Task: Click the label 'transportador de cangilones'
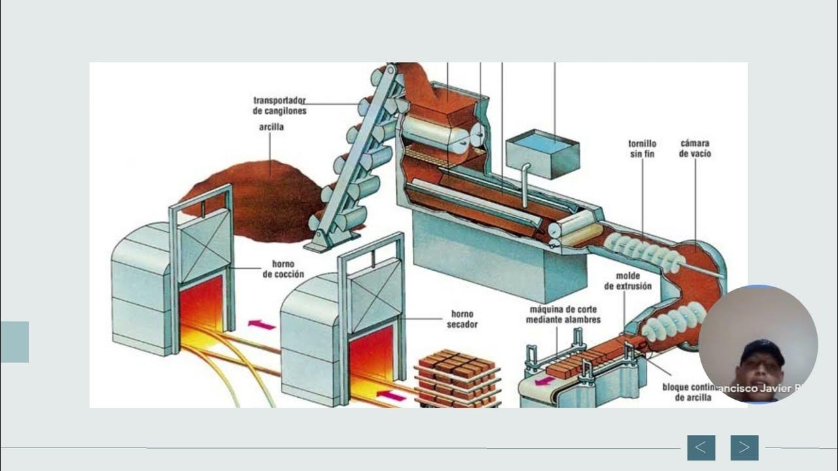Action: [x=280, y=105]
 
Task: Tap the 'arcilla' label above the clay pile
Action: [x=271, y=127]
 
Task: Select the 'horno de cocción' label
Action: [x=283, y=269]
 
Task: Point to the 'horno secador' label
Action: [x=462, y=319]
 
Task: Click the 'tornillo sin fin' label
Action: [x=642, y=148]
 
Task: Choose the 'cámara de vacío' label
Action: [x=695, y=148]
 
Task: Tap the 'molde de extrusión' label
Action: [x=628, y=281]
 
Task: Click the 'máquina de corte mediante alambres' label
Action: [x=563, y=314]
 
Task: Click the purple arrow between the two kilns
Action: [x=262, y=324]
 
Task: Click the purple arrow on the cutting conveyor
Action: [x=543, y=380]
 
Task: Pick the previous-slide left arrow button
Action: [x=701, y=447]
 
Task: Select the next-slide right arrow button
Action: [x=744, y=447]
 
